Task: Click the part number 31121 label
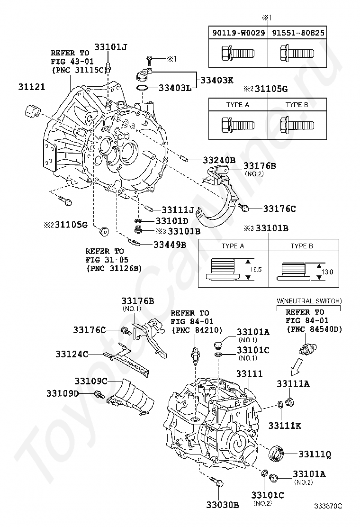pyautogui.click(x=32, y=87)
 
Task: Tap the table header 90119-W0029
pyautogui.click(x=238, y=33)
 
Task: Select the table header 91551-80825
pyautogui.click(x=298, y=33)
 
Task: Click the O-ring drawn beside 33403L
pyautogui.click(x=143, y=88)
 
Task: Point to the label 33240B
pyautogui.click(x=219, y=160)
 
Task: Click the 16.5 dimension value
pyautogui.click(x=256, y=269)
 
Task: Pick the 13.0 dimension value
pyautogui.click(x=327, y=272)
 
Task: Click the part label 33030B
pyautogui.click(x=223, y=505)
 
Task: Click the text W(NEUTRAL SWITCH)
pyautogui.click(x=309, y=301)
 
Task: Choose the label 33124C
pyautogui.click(x=72, y=354)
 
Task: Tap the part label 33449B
pyautogui.click(x=170, y=245)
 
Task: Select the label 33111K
pyautogui.click(x=285, y=426)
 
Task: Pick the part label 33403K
pyautogui.click(x=217, y=80)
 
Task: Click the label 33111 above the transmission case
pyautogui.click(x=249, y=373)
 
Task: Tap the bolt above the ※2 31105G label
pyautogui.click(x=65, y=200)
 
